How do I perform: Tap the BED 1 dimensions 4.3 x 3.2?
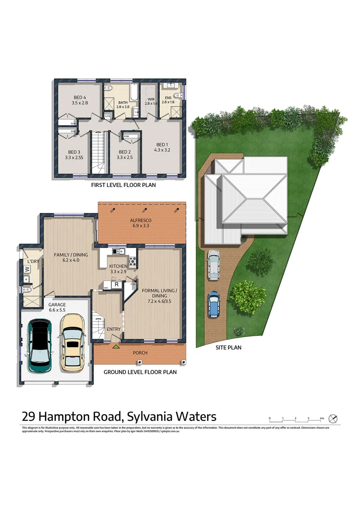[x=161, y=150]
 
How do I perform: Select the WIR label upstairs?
[x=151, y=98]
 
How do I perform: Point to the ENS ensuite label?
[x=168, y=97]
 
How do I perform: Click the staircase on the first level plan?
[x=98, y=153]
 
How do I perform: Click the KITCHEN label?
[x=118, y=266]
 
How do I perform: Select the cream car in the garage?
[x=73, y=341]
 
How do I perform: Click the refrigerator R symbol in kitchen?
[x=116, y=285]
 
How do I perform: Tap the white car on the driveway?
[x=214, y=263]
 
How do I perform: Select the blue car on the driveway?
[x=214, y=304]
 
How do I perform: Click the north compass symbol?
[x=333, y=418]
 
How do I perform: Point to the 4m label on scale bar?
[x=321, y=418]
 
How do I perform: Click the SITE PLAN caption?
[x=228, y=348]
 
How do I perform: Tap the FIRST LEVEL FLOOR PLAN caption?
[x=123, y=186]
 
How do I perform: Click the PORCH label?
[x=140, y=353]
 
